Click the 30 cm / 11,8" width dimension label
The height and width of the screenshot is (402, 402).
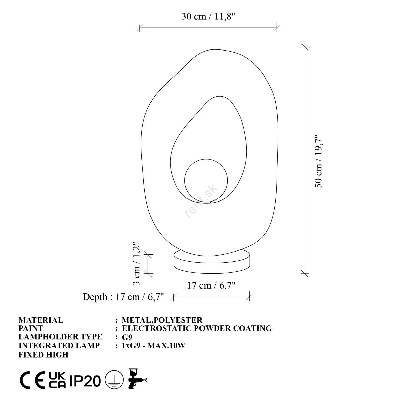coord(208,17)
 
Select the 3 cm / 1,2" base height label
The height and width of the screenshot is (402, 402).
coord(136,264)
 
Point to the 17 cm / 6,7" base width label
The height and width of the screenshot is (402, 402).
coord(211,286)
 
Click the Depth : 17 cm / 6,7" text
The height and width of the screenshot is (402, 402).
coord(123,297)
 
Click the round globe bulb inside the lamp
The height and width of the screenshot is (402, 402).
coord(206,180)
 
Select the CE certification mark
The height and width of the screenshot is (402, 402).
coord(33,380)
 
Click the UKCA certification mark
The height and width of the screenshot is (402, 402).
coord(57,380)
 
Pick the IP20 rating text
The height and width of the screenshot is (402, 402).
coord(85,381)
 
